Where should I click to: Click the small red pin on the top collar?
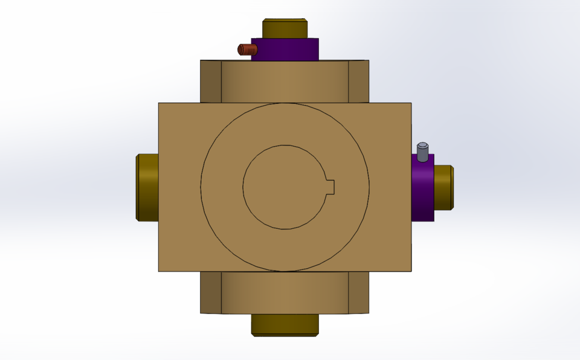tap(247, 50)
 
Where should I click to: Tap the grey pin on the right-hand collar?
tap(422, 152)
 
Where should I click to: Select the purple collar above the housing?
tap(285, 50)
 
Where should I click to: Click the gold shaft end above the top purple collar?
tap(285, 28)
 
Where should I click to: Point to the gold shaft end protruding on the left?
tap(147, 187)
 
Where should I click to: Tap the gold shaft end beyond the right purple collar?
tap(443, 187)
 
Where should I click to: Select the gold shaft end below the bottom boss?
tap(285, 324)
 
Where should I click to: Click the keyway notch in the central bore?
tap(330, 187)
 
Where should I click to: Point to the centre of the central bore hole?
tap(284, 187)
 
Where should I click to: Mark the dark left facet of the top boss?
tap(211, 82)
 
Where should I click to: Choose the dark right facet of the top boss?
tap(359, 82)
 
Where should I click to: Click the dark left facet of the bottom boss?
tap(211, 292)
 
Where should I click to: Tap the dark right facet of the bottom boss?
tap(359, 292)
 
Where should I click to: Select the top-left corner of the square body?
tap(159, 103)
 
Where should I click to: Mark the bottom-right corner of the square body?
tap(411, 271)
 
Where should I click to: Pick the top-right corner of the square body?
tap(411, 103)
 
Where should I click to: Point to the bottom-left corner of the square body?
tap(159, 271)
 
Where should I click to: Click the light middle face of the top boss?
tap(285, 82)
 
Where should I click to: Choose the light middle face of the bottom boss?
tap(285, 292)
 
